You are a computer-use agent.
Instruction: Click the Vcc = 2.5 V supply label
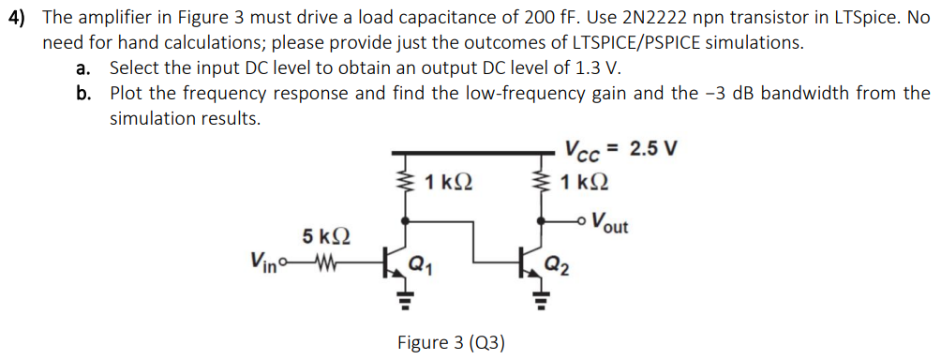(620, 150)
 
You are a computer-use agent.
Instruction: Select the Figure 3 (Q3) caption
(451, 342)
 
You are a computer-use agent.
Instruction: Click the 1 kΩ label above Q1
(447, 182)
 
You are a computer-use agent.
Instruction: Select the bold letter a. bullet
(85, 68)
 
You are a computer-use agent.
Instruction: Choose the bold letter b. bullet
(85, 94)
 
